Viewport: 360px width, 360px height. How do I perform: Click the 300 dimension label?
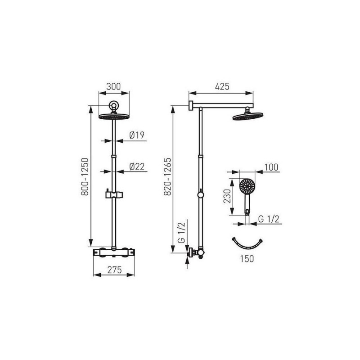click(113, 86)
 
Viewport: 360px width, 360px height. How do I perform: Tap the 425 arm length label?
click(222, 86)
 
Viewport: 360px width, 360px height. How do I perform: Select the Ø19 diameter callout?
click(137, 135)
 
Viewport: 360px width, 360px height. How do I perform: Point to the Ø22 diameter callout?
click(137, 166)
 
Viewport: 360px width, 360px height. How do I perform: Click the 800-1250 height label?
click(85, 176)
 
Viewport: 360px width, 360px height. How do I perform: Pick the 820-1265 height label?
click(167, 176)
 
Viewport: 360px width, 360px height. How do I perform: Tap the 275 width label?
click(114, 270)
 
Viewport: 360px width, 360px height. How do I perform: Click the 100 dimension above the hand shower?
click(271, 167)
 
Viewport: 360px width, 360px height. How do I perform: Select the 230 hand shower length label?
click(227, 196)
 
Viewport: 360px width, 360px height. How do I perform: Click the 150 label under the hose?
click(247, 259)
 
